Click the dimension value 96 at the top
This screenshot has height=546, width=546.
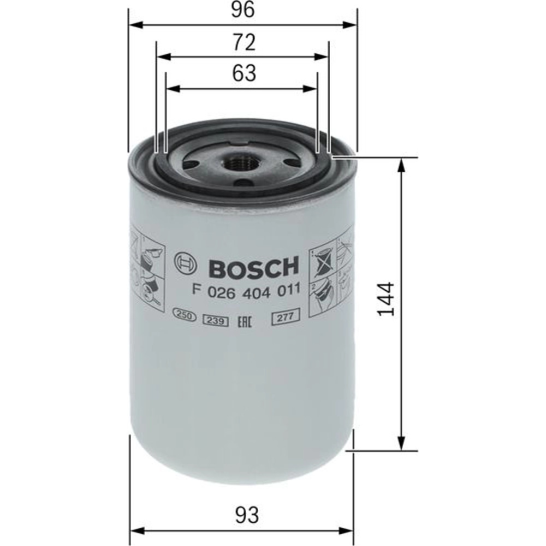243,10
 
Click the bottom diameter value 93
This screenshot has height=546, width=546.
247,515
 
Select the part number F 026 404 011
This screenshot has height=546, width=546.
246,290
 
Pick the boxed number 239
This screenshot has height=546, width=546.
216,321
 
